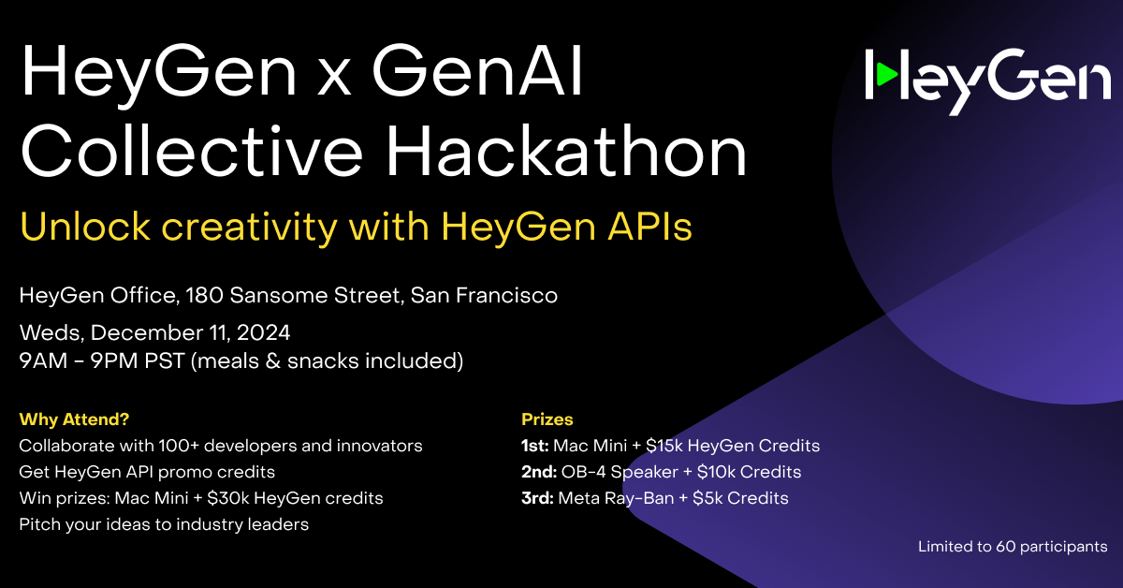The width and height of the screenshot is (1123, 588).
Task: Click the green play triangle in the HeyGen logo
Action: (886, 74)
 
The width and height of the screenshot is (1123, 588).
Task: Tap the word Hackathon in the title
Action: (566, 151)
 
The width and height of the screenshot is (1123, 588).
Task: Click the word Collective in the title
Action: (192, 151)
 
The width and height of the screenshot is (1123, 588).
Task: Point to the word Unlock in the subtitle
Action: (85, 228)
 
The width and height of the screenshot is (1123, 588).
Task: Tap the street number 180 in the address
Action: (204, 296)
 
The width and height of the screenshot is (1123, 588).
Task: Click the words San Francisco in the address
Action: (484, 296)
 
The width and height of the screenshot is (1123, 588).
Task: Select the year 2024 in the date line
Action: (263, 332)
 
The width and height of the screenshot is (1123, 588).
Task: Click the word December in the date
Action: (157, 332)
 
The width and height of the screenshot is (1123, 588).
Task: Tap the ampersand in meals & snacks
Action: (272, 361)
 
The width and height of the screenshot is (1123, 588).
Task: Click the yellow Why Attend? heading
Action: (74, 419)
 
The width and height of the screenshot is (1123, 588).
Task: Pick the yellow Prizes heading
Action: (547, 419)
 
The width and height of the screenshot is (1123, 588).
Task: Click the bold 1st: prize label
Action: (535, 446)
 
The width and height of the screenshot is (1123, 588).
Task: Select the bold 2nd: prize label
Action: (539, 472)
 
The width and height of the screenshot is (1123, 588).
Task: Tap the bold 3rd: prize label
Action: (537, 498)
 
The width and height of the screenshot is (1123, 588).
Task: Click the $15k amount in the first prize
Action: (664, 446)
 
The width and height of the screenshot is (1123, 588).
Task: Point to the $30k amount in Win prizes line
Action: (228, 498)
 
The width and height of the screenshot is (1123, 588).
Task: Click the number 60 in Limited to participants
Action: (1006, 547)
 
